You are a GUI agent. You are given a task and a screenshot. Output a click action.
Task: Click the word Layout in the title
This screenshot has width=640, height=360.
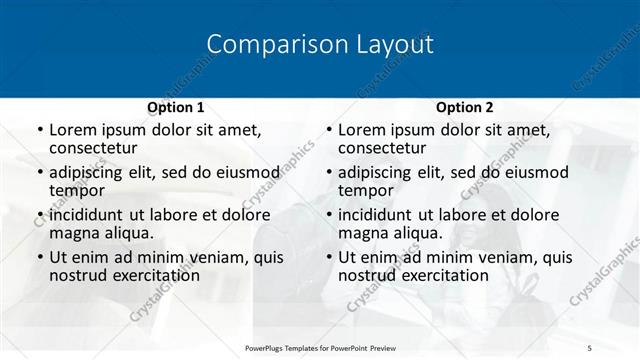(395, 45)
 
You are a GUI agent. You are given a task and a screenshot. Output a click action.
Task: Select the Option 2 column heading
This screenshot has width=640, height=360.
(465, 107)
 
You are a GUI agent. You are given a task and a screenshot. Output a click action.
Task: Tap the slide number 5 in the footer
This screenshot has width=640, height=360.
(590, 347)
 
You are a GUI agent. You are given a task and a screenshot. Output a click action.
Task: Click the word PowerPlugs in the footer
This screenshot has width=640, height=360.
(268, 347)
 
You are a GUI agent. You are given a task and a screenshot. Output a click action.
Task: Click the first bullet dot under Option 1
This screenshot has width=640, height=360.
(40, 130)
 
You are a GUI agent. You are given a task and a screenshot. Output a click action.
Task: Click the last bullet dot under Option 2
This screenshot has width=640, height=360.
(329, 258)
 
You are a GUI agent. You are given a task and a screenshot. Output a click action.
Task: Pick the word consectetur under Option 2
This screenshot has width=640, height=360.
(384, 148)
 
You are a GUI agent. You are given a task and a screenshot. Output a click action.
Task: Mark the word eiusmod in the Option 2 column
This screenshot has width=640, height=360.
(532, 172)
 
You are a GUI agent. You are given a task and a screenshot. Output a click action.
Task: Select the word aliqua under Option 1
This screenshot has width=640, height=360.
(122, 233)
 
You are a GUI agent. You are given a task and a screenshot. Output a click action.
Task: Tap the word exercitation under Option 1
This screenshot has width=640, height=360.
(149, 275)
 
